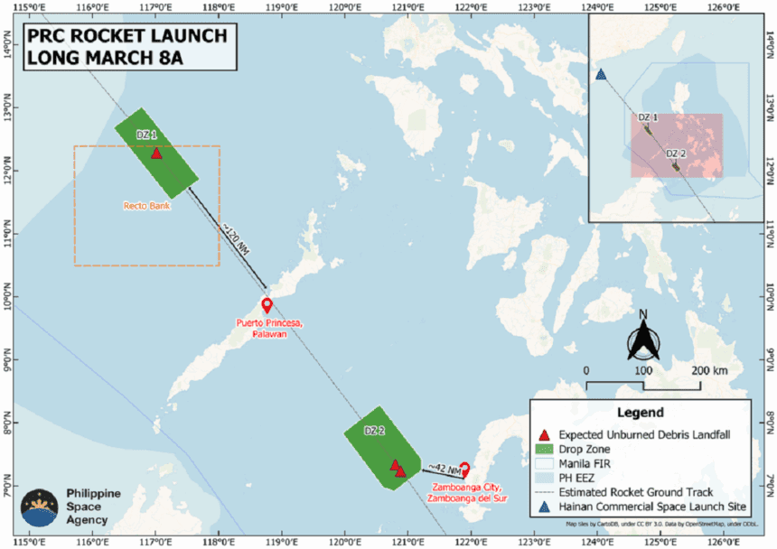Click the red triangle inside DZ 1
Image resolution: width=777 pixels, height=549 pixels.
point(156,153)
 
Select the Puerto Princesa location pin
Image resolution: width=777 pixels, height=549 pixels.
point(267,305)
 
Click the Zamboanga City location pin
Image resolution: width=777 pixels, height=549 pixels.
point(464,469)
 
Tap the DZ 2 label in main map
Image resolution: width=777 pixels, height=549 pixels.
point(375,432)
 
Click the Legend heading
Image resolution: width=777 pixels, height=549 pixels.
point(640,413)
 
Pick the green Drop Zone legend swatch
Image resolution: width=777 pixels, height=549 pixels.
point(544,449)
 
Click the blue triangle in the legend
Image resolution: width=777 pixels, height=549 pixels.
point(544,507)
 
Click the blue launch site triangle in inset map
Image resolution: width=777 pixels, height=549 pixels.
point(601,74)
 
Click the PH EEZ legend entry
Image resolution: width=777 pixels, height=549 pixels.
point(583,478)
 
